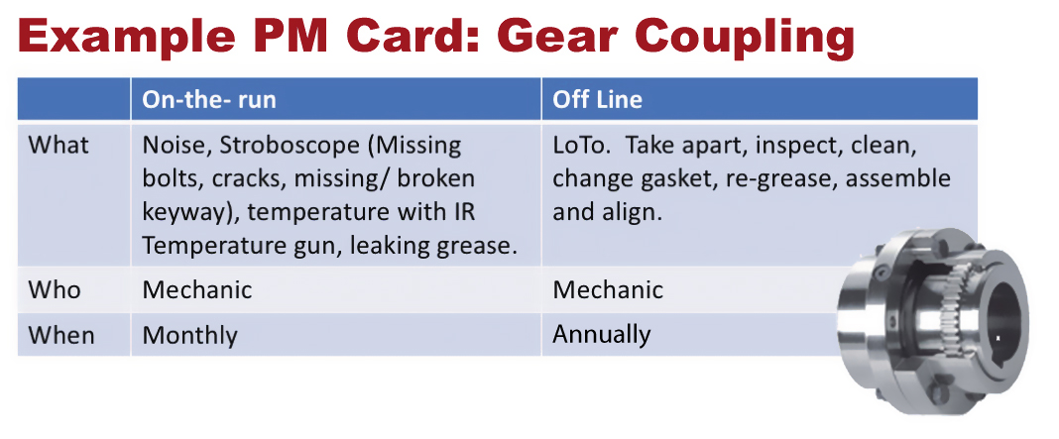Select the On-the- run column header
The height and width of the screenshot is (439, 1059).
coord(209,99)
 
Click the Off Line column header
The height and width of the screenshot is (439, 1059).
coord(597,99)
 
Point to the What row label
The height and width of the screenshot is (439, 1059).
coord(59,146)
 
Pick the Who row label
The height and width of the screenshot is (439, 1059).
coord(54,289)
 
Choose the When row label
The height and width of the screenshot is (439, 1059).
coord(61,335)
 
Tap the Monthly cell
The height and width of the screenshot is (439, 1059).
coord(189,335)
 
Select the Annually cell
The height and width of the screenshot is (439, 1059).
coord(601,335)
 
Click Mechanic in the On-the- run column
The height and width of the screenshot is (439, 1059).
coord(197,289)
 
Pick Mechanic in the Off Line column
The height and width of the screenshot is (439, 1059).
coord(608,289)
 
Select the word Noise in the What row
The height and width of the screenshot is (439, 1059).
coord(172,146)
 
